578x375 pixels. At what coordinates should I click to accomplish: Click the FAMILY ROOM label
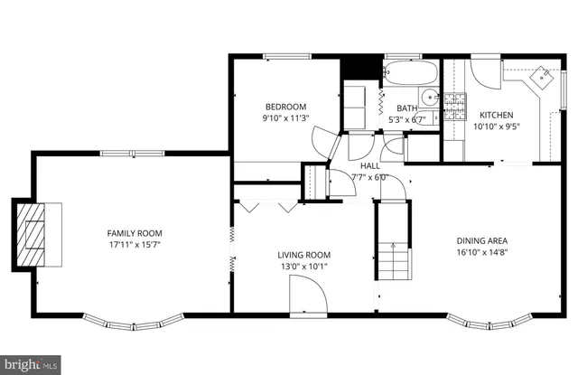click(x=135, y=233)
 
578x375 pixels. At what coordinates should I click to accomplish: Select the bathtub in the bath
click(x=410, y=73)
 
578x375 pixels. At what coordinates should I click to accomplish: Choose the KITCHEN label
click(x=496, y=116)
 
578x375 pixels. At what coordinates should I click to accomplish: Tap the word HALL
click(x=370, y=166)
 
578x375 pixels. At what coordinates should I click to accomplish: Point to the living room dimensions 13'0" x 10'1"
click(x=303, y=267)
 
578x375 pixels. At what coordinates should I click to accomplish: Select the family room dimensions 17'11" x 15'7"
click(x=135, y=244)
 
